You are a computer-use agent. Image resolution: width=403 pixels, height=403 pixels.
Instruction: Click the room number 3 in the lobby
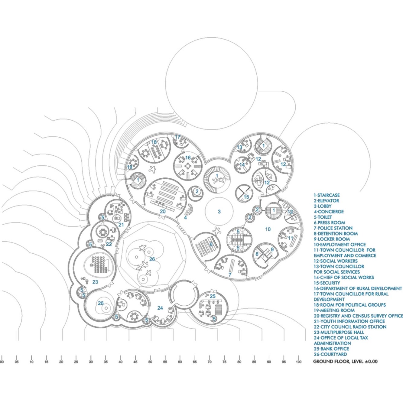click(219, 212)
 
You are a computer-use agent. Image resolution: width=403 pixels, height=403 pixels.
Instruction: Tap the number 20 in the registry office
click(163, 211)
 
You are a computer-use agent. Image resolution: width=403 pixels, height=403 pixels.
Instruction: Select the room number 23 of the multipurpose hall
click(95, 282)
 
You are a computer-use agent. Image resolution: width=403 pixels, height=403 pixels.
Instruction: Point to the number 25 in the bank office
click(213, 296)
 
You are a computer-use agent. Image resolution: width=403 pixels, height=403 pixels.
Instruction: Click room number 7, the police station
click(230, 275)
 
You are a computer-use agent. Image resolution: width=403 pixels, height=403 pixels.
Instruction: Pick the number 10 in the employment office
click(268, 229)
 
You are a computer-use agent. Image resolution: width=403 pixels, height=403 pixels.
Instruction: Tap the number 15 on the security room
click(246, 197)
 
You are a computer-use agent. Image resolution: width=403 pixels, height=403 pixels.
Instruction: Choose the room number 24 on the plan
click(160, 308)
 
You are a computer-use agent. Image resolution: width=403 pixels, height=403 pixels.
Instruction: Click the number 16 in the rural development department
click(188, 158)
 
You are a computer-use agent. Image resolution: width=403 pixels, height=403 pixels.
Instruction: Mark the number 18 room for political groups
click(154, 142)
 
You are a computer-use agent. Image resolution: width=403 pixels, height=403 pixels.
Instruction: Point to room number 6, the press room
click(211, 244)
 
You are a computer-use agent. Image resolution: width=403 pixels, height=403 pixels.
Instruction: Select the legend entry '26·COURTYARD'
click(330, 354)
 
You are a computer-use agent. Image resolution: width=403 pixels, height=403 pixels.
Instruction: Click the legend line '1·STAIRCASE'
click(327, 195)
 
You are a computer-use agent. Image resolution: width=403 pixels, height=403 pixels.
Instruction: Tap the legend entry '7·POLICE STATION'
click(333, 228)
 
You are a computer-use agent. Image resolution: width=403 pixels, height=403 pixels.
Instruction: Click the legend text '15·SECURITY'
click(327, 283)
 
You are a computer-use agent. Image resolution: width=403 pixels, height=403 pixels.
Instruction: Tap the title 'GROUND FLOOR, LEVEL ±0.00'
click(345, 361)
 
